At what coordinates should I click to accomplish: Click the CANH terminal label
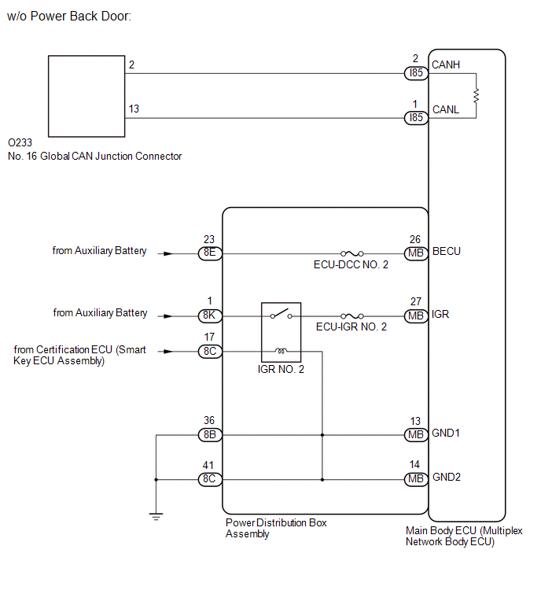coord(446,65)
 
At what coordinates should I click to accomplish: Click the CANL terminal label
coord(446,109)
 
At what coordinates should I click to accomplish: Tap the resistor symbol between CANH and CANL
coord(476,95)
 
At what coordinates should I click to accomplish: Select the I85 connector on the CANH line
coord(416,72)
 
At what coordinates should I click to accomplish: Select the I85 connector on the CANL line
coord(416,118)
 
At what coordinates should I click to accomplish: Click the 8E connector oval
coord(210,253)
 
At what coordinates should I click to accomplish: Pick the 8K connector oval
coord(210,315)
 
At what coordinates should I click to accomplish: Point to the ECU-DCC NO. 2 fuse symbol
coord(352,253)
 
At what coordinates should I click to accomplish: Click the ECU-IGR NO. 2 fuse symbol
coord(352,315)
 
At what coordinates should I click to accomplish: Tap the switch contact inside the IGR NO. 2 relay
coord(282,314)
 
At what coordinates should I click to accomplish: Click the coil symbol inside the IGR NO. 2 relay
coord(281,351)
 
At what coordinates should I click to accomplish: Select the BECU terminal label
coord(447,252)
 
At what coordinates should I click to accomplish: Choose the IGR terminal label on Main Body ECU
coord(440,314)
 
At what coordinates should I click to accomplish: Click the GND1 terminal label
coord(446,433)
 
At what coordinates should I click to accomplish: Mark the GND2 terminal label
coord(447,477)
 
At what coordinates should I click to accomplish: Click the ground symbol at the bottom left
coord(156,516)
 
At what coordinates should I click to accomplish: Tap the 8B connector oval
coord(210,434)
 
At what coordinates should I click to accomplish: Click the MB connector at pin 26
coord(416,253)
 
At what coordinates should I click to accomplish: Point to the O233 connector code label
coord(20,143)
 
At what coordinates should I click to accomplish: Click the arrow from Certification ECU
coord(165,352)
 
